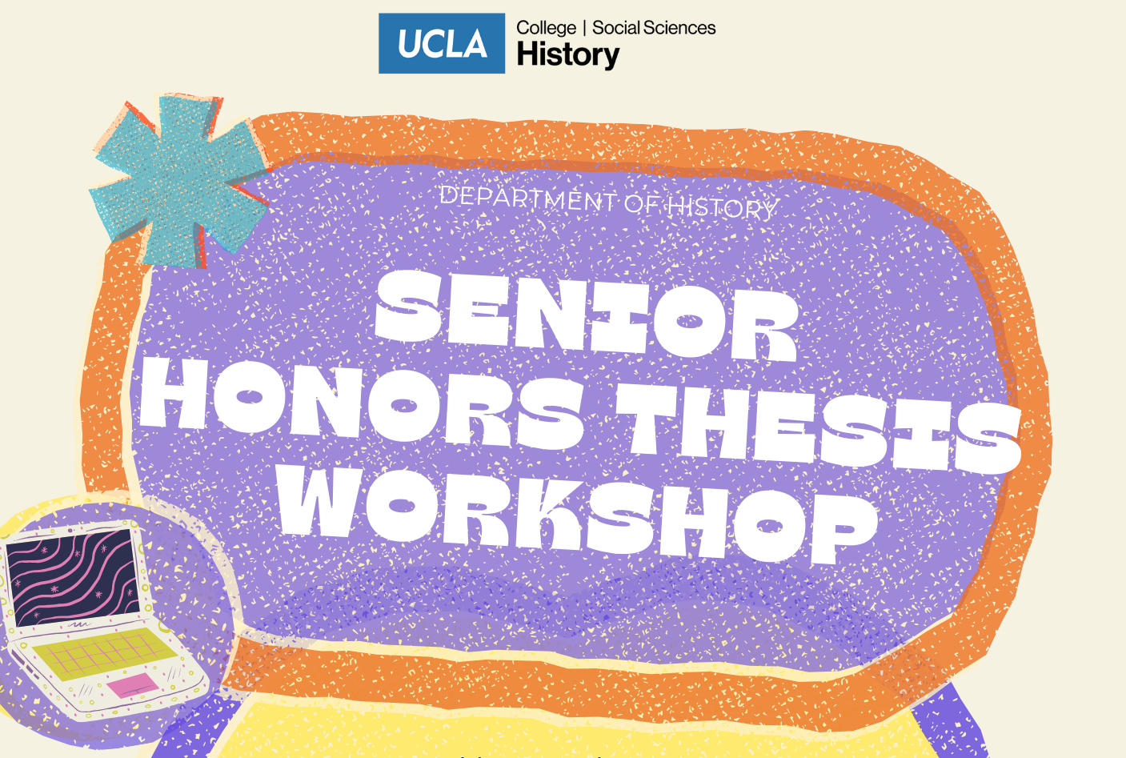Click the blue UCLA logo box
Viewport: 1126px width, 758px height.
pos(441,43)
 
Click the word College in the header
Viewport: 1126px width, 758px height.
pos(546,28)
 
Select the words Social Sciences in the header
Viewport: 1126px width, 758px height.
pos(654,28)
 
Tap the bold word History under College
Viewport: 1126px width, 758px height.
pos(568,55)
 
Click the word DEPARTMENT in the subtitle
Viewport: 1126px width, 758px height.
pos(528,199)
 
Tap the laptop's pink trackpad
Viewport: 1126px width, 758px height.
pos(133,685)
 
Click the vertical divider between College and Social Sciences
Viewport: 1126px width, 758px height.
pos(585,28)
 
